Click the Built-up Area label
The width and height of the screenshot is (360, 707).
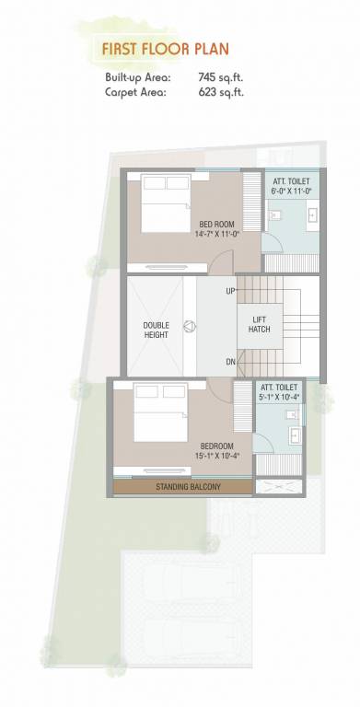(x=137, y=78)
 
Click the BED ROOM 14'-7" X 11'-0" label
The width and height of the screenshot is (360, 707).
(x=217, y=229)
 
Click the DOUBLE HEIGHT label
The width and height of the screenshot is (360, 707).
(x=156, y=330)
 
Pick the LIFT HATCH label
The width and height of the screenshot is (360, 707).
(x=260, y=324)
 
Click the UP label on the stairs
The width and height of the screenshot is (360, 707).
(x=230, y=292)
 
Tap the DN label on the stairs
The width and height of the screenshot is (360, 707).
(x=230, y=361)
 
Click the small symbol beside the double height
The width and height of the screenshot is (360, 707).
(x=190, y=325)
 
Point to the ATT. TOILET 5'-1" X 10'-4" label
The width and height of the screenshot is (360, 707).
(x=279, y=393)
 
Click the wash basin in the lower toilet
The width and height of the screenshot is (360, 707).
(x=293, y=435)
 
